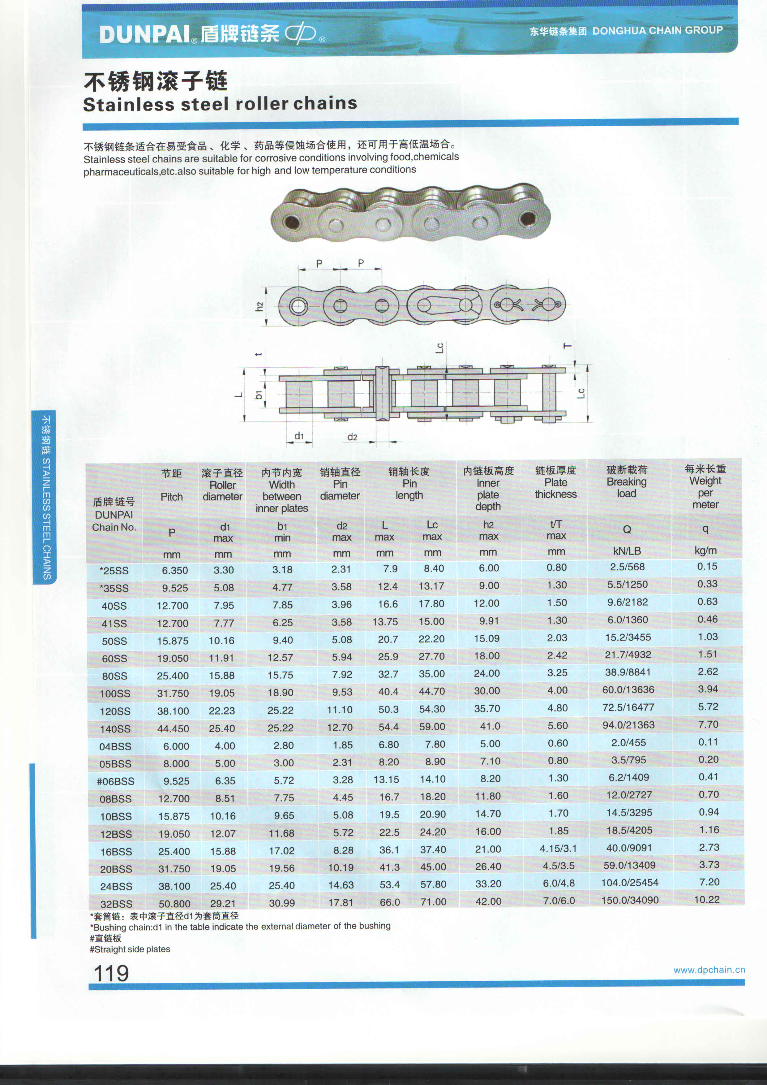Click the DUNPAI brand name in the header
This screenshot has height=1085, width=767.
(144, 34)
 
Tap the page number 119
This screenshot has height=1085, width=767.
(111, 974)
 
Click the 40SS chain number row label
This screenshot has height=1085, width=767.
(114, 606)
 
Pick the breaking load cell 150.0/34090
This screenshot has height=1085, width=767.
(630, 900)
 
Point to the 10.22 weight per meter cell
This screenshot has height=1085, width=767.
(707, 900)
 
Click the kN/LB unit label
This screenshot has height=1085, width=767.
(627, 551)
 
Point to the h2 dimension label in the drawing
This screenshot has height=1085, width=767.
(259, 307)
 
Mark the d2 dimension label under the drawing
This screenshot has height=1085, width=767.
(352, 437)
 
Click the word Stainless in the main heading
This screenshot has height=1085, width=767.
(128, 104)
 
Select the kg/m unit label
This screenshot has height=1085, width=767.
(705, 551)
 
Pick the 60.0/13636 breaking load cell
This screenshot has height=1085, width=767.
(628, 690)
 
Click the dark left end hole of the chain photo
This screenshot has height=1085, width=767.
(291, 222)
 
